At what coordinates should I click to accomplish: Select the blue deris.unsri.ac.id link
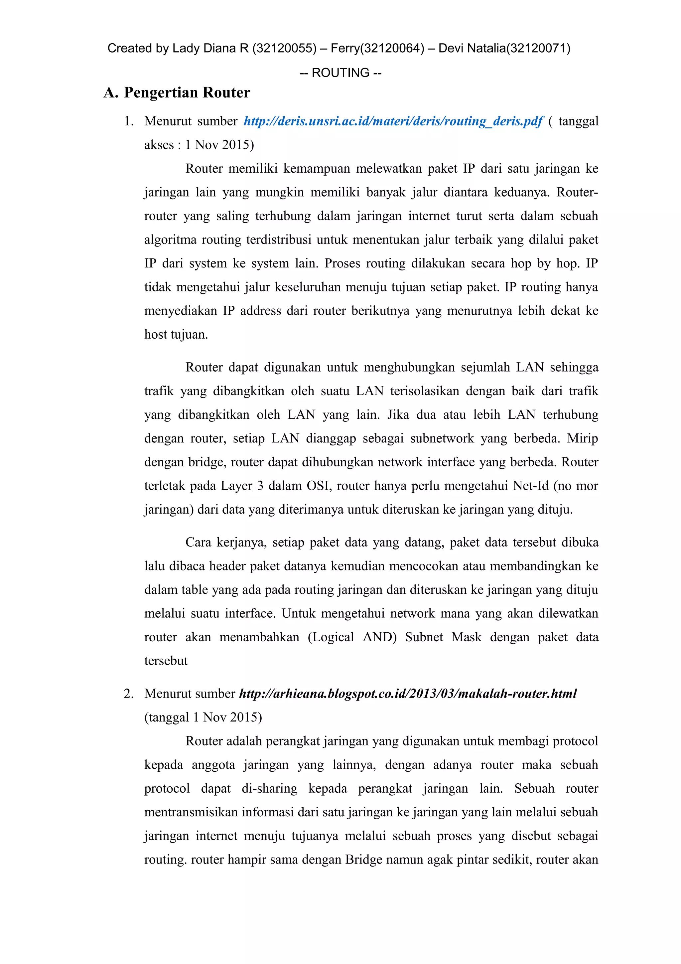393,121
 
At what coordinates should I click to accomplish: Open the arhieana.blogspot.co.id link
407,693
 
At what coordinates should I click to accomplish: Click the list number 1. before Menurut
129,121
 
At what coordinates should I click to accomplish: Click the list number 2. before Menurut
129,693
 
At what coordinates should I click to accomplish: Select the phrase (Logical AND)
352,637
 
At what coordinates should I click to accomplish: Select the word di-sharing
269,788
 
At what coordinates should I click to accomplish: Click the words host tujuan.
176,335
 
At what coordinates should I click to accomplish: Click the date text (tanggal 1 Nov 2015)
203,717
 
